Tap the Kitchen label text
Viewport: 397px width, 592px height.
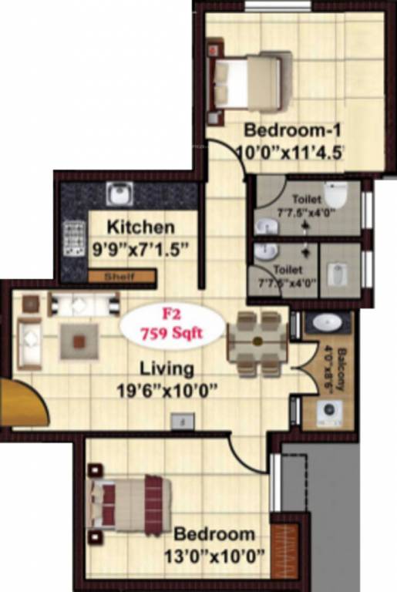tap(140, 227)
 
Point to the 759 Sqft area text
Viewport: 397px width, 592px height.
tap(173, 335)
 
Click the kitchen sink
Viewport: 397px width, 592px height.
tap(119, 193)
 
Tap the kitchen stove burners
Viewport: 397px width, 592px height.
tap(74, 238)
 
